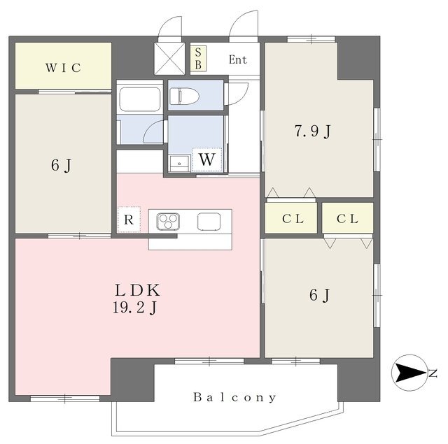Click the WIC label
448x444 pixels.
pos(64,68)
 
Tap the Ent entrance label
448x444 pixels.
pos(238,59)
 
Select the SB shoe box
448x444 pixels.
pos(198,59)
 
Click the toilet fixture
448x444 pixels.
pos(184,96)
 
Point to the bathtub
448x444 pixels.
pos(140,99)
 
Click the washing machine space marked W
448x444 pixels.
pos(207,159)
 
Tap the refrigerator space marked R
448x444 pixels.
pos(129,220)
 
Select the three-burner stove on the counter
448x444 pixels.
pos(168,222)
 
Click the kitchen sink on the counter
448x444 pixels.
pos(209,222)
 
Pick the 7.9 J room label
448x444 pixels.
pos(313,131)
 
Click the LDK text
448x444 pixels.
pos(137,290)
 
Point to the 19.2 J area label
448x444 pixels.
pos(134,308)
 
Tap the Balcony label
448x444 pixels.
pos(234,397)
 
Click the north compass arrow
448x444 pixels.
pos(412,373)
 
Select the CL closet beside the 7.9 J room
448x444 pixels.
pos(291,217)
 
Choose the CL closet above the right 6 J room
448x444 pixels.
pos(348,218)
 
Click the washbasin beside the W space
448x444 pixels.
pos(179,164)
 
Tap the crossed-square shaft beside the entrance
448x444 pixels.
pos(169,59)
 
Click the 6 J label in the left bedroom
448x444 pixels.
pos(61,165)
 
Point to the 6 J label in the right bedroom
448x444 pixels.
pos(319,295)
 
